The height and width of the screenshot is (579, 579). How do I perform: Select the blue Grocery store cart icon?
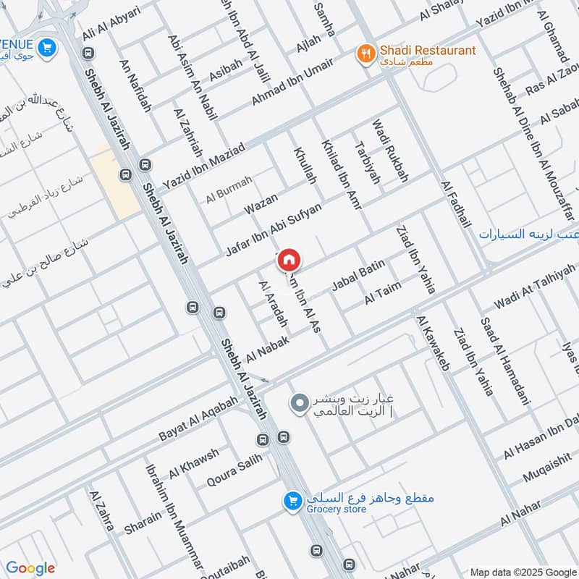(292, 501)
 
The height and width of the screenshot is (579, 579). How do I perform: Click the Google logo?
(30, 568)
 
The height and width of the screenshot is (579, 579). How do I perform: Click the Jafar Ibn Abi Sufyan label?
(273, 229)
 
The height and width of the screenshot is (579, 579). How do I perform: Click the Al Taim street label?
(382, 293)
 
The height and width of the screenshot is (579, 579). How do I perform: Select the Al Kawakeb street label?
(433, 342)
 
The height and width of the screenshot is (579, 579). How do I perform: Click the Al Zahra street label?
(101, 510)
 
